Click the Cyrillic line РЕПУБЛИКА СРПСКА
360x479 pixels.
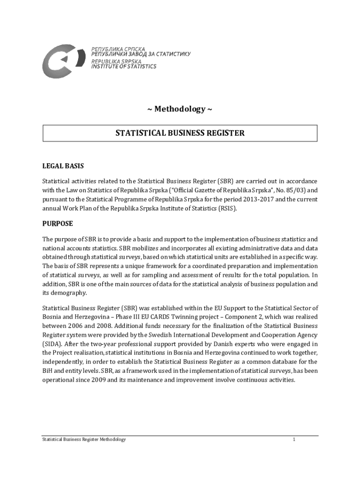click(x=118, y=49)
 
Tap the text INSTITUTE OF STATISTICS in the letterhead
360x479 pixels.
click(x=123, y=66)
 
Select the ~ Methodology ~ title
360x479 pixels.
click(x=180, y=109)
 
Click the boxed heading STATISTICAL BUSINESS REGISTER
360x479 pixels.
click(x=180, y=133)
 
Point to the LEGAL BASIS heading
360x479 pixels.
click(x=63, y=166)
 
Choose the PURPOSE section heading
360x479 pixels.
click(x=58, y=224)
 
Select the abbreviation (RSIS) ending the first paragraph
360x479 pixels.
click(x=227, y=209)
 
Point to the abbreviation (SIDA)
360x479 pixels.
click(x=53, y=344)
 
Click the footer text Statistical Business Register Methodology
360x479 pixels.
click(x=84, y=440)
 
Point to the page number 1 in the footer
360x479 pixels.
click(x=294, y=440)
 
